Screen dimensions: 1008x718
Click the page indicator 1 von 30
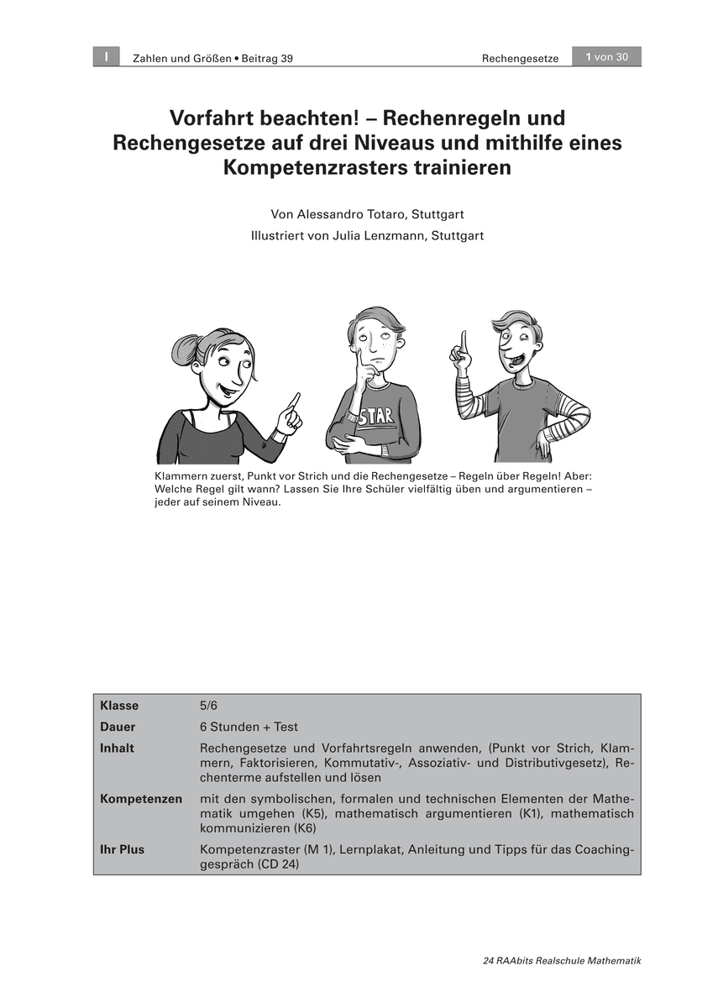tap(606, 57)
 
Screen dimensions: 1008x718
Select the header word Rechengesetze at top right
tap(520, 58)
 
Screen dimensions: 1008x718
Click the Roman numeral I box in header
tap(107, 57)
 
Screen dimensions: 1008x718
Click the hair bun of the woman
tap(185, 349)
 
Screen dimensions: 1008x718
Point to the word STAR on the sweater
tap(376, 417)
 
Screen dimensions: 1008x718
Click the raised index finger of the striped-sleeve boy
tap(463, 342)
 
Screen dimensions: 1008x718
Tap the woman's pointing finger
tap(294, 400)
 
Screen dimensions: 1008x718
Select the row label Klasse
tap(119, 706)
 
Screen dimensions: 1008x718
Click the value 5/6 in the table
tap(208, 706)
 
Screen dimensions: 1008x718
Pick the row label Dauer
tap(118, 727)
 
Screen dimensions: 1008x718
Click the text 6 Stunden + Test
tap(249, 727)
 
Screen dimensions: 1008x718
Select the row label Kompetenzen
tap(141, 799)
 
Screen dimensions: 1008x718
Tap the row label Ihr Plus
tap(123, 849)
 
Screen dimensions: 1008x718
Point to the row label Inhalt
tap(118, 748)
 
